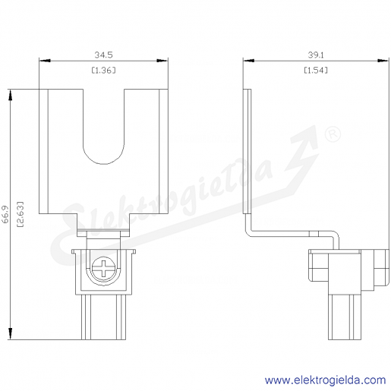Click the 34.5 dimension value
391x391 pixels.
tap(103, 55)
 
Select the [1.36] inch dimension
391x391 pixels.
tap(103, 70)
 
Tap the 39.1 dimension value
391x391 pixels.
tap(316, 55)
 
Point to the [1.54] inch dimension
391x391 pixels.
tap(316, 70)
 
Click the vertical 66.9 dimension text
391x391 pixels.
tap(5, 214)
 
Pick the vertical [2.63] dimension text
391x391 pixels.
tap(20, 214)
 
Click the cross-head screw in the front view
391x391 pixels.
tap(104, 269)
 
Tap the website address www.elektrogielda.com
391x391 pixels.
tap(326, 380)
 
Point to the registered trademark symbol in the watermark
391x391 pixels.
tap(333, 134)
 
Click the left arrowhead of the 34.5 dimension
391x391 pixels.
tap(45, 61)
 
